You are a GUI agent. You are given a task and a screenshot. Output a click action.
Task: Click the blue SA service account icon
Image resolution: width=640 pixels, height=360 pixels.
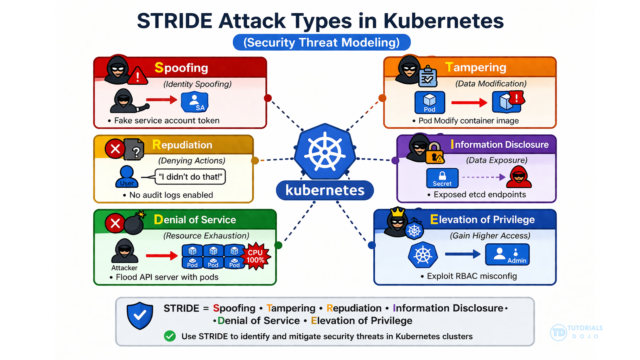(195, 102)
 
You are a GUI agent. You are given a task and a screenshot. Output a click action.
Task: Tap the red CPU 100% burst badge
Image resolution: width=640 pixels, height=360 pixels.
(256, 256)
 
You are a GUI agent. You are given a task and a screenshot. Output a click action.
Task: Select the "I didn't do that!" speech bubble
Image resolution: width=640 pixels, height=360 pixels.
(190, 177)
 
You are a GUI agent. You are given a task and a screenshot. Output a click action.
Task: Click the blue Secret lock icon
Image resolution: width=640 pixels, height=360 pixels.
(442, 178)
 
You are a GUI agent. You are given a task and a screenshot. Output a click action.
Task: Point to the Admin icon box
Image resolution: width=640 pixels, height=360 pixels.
(507, 255)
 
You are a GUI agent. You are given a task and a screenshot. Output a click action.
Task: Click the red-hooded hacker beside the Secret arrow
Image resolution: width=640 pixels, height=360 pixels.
(519, 177)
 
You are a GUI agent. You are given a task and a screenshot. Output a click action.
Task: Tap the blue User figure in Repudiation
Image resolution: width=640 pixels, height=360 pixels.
(127, 176)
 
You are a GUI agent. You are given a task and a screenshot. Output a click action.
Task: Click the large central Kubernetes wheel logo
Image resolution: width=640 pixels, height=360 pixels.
(325, 152)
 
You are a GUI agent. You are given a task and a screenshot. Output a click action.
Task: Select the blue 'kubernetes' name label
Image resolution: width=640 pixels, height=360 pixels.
(325, 190)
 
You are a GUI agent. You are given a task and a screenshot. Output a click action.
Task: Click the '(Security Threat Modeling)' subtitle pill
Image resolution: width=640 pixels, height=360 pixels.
(322, 43)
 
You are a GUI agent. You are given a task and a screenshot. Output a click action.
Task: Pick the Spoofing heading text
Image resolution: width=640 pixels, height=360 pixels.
(181, 68)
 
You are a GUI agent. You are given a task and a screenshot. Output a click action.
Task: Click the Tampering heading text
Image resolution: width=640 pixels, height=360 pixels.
(476, 67)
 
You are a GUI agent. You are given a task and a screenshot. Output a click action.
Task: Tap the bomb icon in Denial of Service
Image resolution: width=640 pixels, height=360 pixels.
(134, 224)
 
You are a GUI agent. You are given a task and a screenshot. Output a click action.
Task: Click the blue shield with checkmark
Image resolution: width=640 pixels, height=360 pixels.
(140, 315)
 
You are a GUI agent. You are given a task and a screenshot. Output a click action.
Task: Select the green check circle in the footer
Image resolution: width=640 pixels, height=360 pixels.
(170, 336)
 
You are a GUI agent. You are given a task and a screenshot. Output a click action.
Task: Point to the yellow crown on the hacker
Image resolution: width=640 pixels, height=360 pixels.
(397, 212)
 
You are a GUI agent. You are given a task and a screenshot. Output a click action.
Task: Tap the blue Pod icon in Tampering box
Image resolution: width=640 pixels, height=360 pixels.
(430, 102)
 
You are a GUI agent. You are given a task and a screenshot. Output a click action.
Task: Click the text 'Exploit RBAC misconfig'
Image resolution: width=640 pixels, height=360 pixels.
(471, 276)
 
